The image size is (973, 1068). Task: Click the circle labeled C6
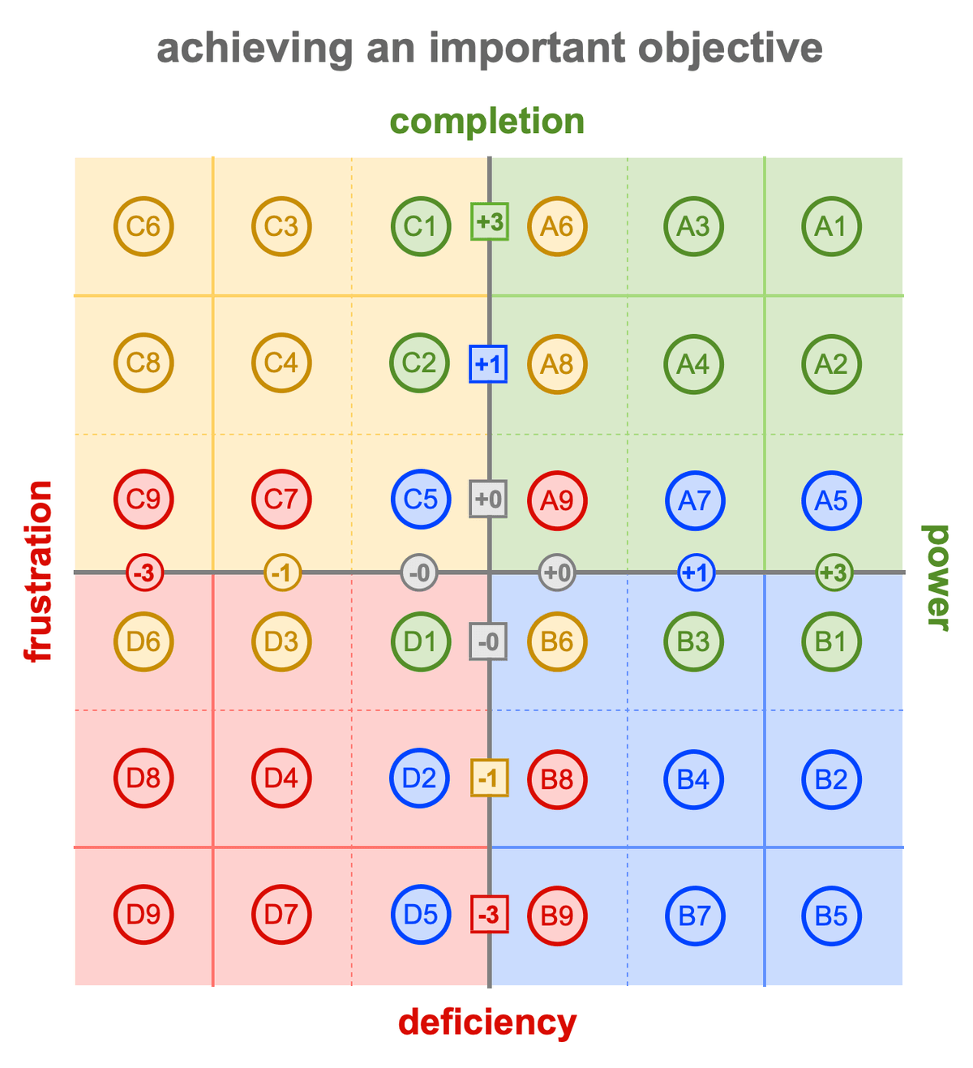pos(144,226)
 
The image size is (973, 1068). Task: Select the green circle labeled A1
pos(831,226)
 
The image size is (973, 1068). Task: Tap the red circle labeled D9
pos(144,914)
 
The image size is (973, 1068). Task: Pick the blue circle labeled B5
pos(831,916)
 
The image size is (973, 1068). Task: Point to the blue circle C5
pos(421,499)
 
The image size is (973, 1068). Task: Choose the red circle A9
pos(557,500)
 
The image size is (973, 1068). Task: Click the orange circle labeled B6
pos(557,641)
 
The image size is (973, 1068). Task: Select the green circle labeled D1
pos(421,641)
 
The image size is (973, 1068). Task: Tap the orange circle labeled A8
pos(557,364)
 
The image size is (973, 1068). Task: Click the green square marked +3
pos(490,221)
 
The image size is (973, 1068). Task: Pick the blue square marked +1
pos(488,364)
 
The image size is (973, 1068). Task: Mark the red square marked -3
pos(490,914)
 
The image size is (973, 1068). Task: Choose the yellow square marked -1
pos(490,778)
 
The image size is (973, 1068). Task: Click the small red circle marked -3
pos(144,573)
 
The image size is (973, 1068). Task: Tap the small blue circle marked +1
pos(696,573)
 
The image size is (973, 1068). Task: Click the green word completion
pos(486,122)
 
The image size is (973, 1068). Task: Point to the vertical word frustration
pos(38,571)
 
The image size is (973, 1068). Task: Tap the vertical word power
pos(936,577)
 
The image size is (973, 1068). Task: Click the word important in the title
pos(528,49)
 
